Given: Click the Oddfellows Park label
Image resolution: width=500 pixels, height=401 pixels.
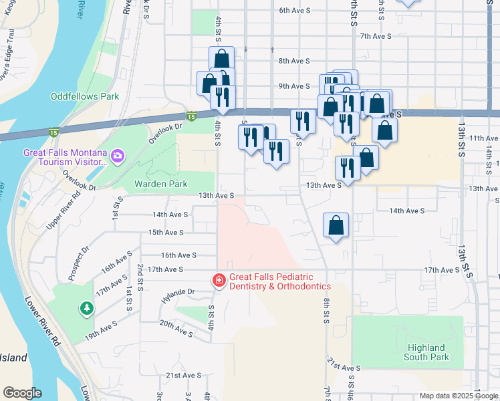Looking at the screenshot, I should point(85,96).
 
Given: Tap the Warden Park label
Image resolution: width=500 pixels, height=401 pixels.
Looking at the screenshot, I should point(161,183).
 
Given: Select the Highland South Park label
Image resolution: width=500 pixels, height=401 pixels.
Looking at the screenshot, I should point(426,352).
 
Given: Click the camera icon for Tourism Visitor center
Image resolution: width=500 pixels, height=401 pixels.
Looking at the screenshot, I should point(118,156).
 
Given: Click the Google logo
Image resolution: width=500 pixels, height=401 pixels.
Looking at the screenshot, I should point(22,392).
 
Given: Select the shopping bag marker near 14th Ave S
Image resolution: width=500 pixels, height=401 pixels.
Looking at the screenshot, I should point(336,225).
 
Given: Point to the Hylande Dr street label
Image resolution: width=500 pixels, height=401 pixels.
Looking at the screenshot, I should point(177,292).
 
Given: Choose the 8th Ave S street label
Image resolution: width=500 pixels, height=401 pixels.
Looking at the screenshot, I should point(294,61).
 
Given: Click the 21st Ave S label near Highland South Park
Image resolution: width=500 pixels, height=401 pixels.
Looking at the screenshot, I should point(344,368).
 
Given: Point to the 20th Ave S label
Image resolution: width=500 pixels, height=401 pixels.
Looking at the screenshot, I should point(175,327).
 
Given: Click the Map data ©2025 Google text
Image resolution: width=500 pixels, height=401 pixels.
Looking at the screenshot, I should point(459,396).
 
